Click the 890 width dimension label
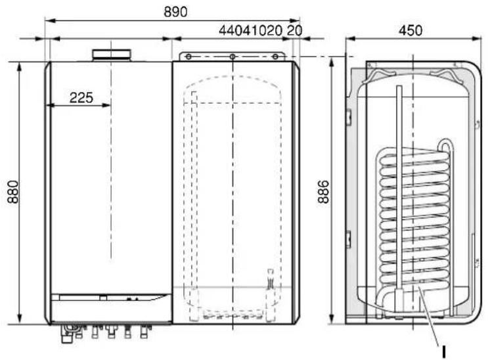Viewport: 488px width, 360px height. click(x=175, y=12)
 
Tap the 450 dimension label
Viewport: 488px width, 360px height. click(x=410, y=30)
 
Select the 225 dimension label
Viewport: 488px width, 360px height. click(x=81, y=98)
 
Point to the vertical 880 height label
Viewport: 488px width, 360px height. click(x=13, y=192)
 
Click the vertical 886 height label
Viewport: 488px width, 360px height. click(x=324, y=192)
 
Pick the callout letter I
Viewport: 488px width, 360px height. click(x=444, y=352)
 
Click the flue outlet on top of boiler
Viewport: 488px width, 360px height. click(x=112, y=55)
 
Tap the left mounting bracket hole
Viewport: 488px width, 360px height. click(x=189, y=56)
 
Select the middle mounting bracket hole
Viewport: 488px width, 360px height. click(x=233, y=56)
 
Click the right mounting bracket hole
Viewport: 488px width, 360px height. click(x=275, y=56)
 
